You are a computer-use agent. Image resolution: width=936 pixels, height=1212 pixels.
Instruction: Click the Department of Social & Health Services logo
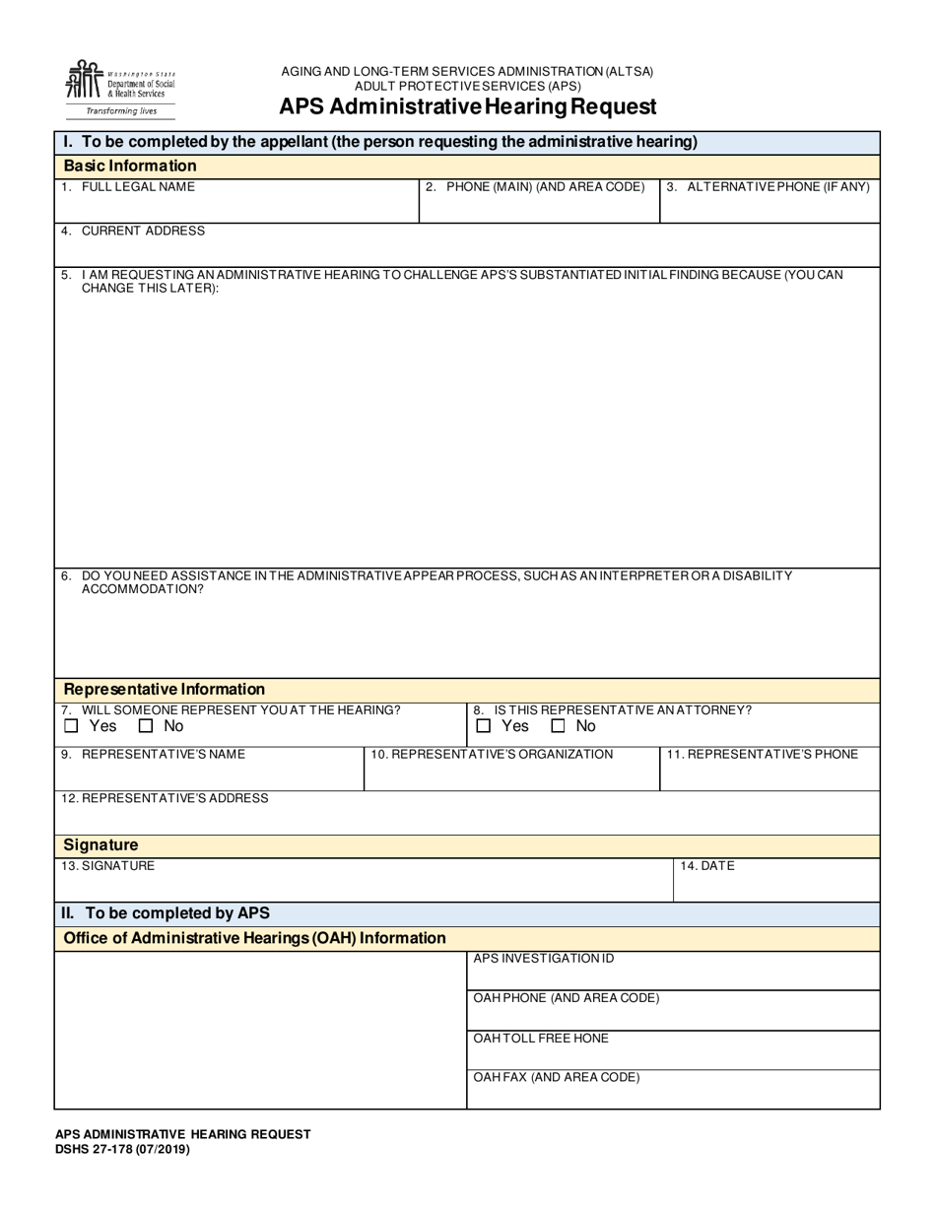click(119, 88)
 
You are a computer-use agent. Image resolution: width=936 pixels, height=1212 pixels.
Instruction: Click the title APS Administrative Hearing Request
click(467, 106)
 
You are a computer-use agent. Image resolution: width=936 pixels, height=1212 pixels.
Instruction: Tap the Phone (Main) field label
click(535, 187)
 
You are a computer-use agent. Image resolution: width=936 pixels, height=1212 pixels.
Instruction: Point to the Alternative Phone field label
click(769, 187)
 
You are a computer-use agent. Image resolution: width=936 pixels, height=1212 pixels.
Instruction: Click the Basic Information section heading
click(130, 166)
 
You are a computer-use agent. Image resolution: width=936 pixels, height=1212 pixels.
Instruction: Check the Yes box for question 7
click(71, 727)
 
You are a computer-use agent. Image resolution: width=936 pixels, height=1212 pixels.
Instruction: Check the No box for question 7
click(146, 727)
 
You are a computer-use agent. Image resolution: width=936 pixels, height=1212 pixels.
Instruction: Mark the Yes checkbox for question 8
click(483, 727)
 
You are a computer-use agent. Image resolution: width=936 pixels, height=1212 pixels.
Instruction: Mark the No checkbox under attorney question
click(558, 727)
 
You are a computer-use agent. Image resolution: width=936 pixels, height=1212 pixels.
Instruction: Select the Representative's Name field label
click(153, 755)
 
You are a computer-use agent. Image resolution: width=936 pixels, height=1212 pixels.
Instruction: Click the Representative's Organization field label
click(492, 755)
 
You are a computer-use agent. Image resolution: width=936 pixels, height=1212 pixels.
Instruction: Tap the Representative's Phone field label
click(763, 755)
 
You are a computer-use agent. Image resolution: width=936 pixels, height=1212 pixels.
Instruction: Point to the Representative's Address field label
click(165, 798)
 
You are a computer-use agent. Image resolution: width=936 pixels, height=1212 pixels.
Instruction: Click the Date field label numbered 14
click(706, 866)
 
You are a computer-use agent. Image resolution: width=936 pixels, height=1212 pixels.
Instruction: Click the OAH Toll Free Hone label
click(541, 1039)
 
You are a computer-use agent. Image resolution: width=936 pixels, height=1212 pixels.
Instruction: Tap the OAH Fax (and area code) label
click(557, 1078)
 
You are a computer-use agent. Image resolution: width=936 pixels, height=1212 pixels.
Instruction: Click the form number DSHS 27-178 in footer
click(122, 1149)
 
